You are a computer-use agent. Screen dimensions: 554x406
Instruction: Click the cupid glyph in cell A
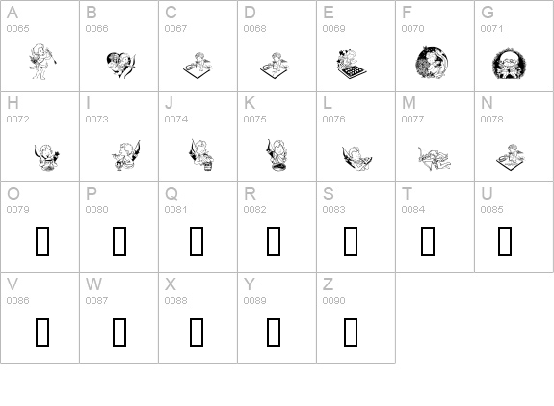coord(42,62)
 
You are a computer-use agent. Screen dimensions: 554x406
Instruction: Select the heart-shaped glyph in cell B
coord(120,65)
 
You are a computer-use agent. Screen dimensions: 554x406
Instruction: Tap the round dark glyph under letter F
coord(433,63)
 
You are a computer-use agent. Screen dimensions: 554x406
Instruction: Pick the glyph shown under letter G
coord(509,64)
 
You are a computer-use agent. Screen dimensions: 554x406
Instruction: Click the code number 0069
coord(333,28)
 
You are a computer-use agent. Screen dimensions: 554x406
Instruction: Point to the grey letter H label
coord(13,103)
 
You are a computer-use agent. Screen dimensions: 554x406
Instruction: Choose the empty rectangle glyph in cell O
coord(42,241)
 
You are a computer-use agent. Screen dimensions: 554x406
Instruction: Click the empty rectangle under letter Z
coord(351,332)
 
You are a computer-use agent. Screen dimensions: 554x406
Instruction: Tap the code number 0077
coord(412,120)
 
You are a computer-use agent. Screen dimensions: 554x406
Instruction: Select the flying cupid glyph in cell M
coord(435,158)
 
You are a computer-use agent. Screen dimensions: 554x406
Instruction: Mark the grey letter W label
coord(93,284)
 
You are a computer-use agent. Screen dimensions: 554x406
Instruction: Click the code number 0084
coord(412,209)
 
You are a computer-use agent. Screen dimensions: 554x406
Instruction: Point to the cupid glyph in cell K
coord(277,155)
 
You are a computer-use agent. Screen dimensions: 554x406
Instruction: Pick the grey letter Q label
coord(171,194)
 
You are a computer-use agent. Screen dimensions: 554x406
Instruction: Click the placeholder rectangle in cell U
coord(505,241)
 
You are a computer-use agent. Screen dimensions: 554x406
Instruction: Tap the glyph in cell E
coord(351,64)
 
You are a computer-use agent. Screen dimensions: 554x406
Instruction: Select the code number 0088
coord(175,300)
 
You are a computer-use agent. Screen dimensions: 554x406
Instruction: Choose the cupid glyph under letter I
coord(126,155)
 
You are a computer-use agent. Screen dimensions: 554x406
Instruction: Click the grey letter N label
coord(487,103)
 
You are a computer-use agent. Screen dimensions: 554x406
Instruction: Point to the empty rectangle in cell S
coord(351,241)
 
